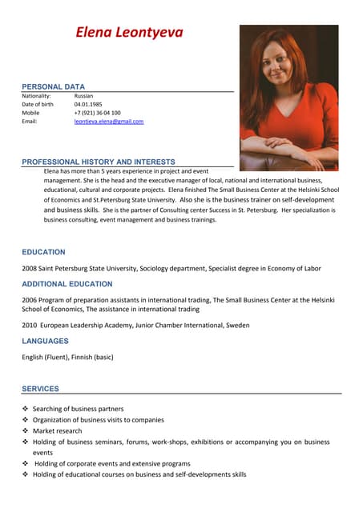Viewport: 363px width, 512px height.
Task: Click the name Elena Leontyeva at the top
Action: click(x=129, y=33)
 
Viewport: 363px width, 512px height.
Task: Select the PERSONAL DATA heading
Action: click(x=53, y=86)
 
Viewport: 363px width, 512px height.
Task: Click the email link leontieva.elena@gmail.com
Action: click(x=108, y=122)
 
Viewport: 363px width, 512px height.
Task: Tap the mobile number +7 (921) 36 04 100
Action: click(x=97, y=113)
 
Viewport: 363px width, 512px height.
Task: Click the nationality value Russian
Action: click(x=83, y=95)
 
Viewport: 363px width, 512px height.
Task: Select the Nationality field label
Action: click(x=36, y=95)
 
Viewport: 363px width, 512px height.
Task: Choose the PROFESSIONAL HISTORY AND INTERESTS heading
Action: click(x=98, y=162)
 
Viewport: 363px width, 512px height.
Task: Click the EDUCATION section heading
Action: click(x=43, y=252)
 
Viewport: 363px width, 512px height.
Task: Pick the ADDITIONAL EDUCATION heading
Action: click(x=67, y=284)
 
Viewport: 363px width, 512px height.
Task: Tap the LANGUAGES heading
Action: click(x=45, y=341)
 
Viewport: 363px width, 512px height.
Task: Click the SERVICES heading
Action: click(x=40, y=389)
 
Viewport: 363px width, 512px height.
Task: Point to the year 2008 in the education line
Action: click(x=29, y=269)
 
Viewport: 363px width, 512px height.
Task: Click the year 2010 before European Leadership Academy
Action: click(x=29, y=326)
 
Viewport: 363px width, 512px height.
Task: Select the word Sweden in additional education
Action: click(x=236, y=326)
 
